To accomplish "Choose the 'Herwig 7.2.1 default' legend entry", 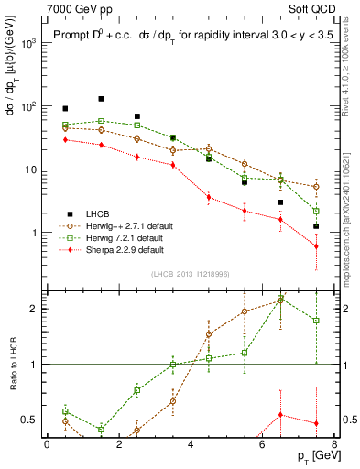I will pos(127,236).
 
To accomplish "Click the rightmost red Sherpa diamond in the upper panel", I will pos(316,246).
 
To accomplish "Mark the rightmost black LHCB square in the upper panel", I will pos(316,226).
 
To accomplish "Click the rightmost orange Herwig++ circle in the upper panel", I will pos(316,187).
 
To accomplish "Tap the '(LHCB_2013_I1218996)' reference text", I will pos(190,274).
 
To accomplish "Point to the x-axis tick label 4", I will pos(191,444).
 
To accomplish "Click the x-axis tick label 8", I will pos(333,444).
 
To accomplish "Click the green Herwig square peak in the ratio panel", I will pos(280,299).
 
